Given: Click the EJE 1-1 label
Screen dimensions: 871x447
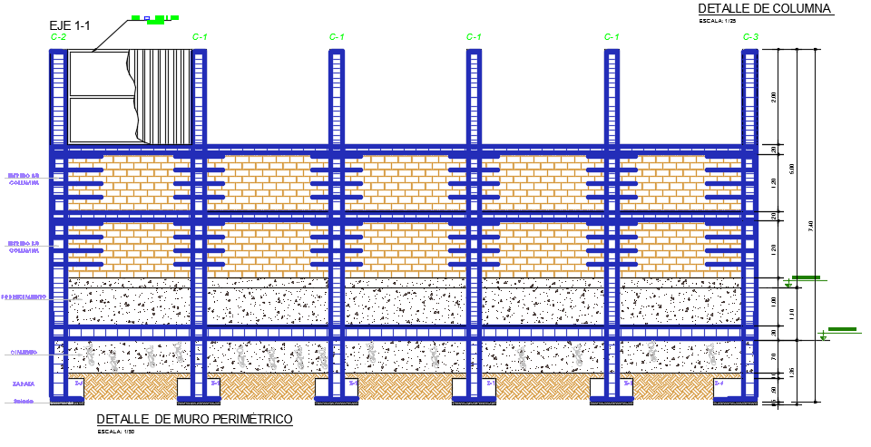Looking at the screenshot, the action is [70, 25].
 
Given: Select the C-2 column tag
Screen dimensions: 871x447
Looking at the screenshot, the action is [58, 37].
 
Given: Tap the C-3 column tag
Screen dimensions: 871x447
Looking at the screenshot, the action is [750, 37].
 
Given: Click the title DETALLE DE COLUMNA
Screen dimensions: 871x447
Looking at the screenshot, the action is [765, 8].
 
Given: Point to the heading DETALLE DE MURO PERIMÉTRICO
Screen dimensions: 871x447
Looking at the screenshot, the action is [194, 419].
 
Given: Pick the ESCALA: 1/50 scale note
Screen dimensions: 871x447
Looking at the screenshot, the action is [117, 432].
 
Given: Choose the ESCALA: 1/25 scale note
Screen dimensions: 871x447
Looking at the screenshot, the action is [718, 21].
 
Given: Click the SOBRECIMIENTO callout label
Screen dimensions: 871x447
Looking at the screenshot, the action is [23, 296].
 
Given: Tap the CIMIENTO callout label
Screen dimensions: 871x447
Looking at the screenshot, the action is [24, 353].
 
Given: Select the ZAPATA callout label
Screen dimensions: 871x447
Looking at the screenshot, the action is [24, 384].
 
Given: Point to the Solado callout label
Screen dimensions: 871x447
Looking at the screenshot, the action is [23, 401].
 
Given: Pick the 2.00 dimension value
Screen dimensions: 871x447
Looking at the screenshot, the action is [774, 97].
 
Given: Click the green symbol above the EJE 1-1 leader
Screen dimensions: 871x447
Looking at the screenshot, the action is [153, 17].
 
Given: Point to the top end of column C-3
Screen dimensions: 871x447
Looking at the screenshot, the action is [749, 52].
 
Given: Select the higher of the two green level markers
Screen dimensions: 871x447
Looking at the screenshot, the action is [806, 277].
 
